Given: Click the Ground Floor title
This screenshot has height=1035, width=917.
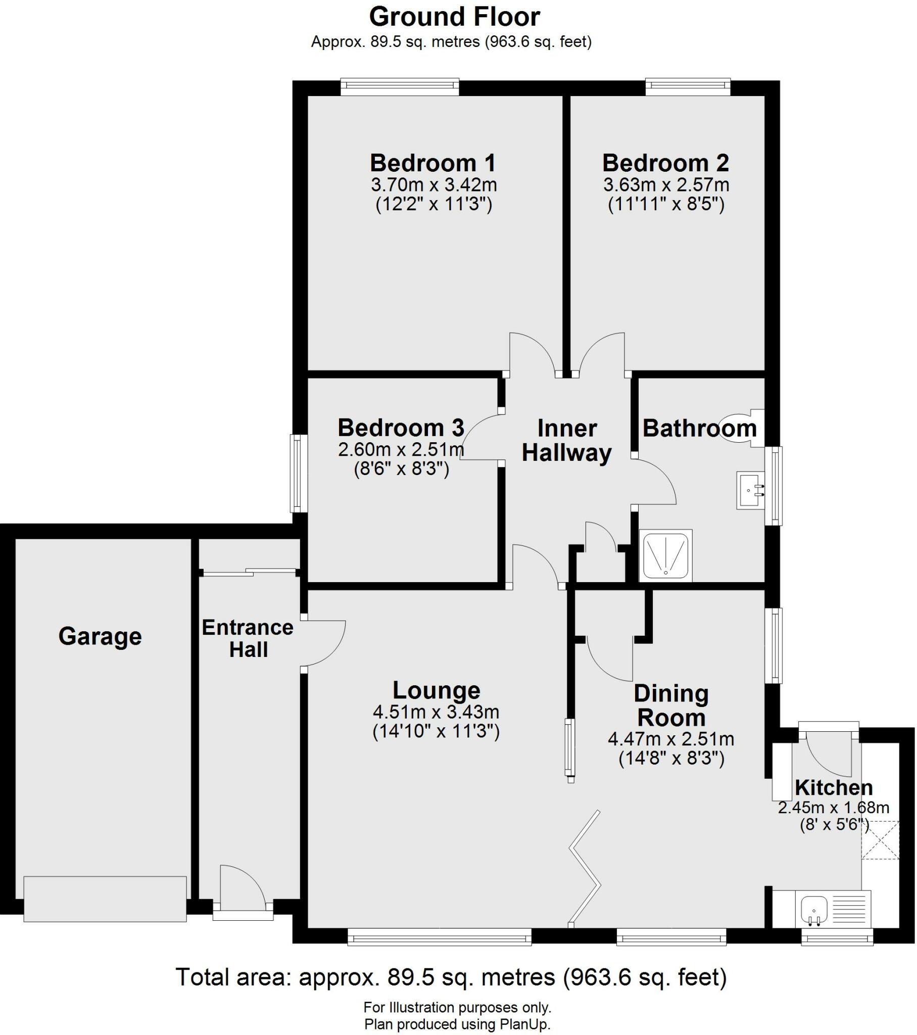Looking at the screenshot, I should tap(454, 17).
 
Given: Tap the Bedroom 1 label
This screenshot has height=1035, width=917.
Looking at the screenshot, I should tap(433, 164).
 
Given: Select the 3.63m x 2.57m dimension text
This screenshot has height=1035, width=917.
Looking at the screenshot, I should tap(666, 185).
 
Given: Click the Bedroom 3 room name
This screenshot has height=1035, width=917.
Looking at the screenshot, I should tap(401, 429).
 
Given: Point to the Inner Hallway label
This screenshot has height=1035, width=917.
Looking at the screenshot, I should tap(566, 441).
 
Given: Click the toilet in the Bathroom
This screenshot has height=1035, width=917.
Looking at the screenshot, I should tap(741, 428).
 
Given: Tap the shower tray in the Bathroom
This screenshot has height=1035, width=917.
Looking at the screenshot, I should tap(665, 555).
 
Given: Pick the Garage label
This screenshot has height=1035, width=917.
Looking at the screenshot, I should tap(100, 636).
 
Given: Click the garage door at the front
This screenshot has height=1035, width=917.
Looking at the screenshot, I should tap(105, 899).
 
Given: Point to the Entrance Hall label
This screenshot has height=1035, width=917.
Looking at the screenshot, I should tap(248, 638).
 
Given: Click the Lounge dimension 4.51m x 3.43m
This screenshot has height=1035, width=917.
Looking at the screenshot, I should tap(436, 712).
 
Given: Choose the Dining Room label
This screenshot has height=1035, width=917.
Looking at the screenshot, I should tap(671, 705).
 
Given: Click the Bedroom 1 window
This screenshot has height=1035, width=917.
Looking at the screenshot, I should tap(400, 86).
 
